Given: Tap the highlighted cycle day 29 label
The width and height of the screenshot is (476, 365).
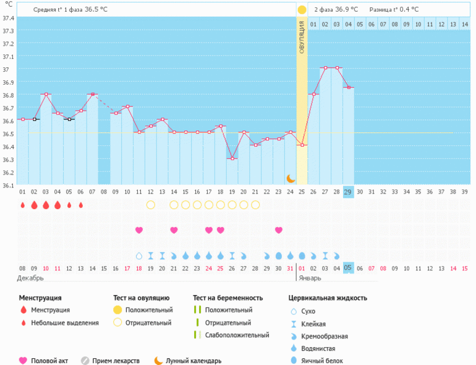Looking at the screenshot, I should [x=348, y=192].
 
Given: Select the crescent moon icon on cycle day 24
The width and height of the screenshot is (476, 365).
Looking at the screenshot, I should [x=291, y=178].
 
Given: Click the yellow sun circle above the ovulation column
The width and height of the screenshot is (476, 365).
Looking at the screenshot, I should [x=302, y=10].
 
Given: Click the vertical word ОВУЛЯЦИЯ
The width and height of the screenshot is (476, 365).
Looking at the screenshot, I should [x=302, y=37].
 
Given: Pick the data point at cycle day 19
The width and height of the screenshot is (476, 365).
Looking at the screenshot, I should [x=232, y=158].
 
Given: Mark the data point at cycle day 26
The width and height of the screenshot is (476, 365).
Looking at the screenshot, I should [x=313, y=94].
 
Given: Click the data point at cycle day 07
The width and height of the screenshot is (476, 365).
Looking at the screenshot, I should [x=93, y=94].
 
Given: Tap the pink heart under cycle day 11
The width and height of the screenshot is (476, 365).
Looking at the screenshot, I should [x=139, y=230].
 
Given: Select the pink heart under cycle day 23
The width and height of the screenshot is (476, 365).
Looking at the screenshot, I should [x=279, y=230].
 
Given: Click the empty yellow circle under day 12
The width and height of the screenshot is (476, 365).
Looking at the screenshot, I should [x=150, y=205].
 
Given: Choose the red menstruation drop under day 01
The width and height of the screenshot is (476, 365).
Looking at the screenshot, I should [x=22, y=205].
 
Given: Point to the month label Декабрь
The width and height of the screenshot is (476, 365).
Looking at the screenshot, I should [x=31, y=278].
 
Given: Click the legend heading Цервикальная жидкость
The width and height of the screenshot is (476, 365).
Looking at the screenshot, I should [x=328, y=298].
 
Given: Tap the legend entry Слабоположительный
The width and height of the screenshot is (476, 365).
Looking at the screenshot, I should [x=237, y=335].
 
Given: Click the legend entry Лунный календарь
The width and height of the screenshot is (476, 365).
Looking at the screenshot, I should [x=193, y=361].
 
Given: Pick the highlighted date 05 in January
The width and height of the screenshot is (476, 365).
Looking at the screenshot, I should [x=348, y=267].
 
